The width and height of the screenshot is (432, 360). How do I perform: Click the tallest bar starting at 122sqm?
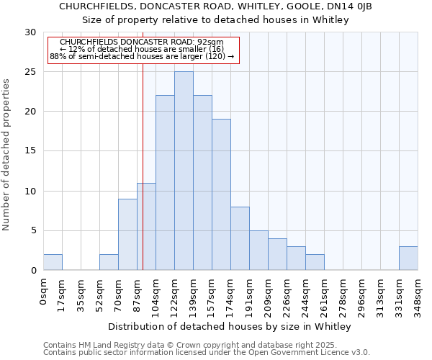(184, 171)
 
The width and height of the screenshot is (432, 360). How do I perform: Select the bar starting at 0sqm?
(53, 262)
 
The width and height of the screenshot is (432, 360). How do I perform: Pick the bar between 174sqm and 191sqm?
(240, 238)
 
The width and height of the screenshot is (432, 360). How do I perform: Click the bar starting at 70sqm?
(127, 234)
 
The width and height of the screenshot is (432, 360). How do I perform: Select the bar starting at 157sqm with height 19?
(221, 194)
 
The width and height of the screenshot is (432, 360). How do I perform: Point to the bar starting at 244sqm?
(315, 262)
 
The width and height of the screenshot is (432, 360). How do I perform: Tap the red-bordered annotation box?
(143, 49)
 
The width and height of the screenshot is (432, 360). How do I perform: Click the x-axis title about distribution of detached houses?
(230, 327)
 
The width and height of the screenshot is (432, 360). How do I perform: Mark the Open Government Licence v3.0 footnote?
(207, 353)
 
